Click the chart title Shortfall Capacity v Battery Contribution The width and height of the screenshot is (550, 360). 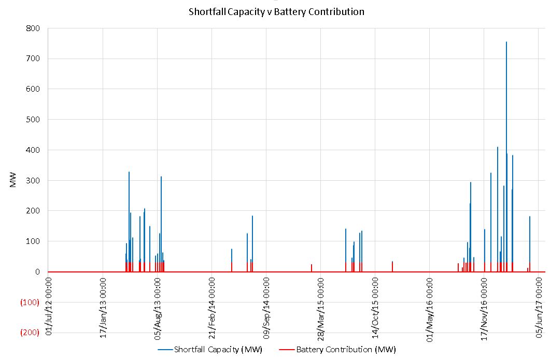276,11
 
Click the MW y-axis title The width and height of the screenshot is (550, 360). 14,180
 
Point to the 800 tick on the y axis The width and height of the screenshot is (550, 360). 33,28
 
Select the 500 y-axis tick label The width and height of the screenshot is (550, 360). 33,120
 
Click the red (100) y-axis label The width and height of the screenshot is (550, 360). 30,303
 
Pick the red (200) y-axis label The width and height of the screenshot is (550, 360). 30,333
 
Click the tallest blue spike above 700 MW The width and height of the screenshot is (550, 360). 506,42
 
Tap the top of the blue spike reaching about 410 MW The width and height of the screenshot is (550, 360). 498,148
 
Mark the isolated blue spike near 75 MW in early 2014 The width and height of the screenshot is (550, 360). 232,250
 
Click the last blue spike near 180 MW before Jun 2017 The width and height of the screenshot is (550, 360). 530,217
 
